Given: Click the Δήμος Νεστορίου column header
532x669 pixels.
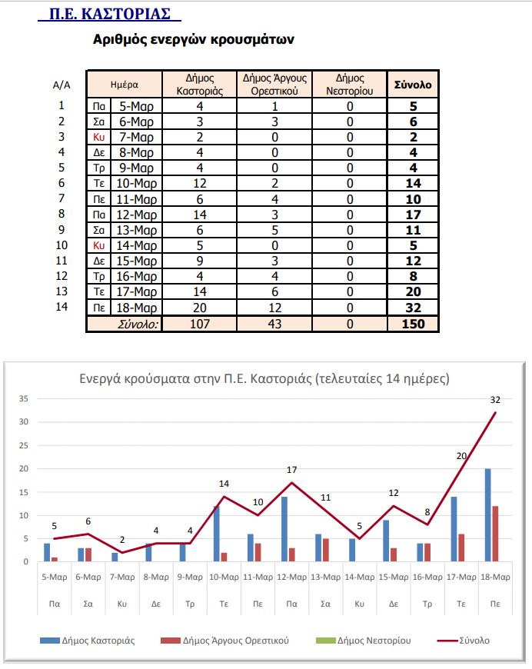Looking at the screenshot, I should coord(350,85).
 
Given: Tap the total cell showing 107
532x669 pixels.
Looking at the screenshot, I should coord(200,324).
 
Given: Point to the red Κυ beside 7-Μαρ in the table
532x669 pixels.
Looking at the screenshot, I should coord(98,137).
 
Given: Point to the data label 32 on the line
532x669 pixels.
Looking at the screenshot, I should coord(496,400).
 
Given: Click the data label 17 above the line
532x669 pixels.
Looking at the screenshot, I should coord(292,469).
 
